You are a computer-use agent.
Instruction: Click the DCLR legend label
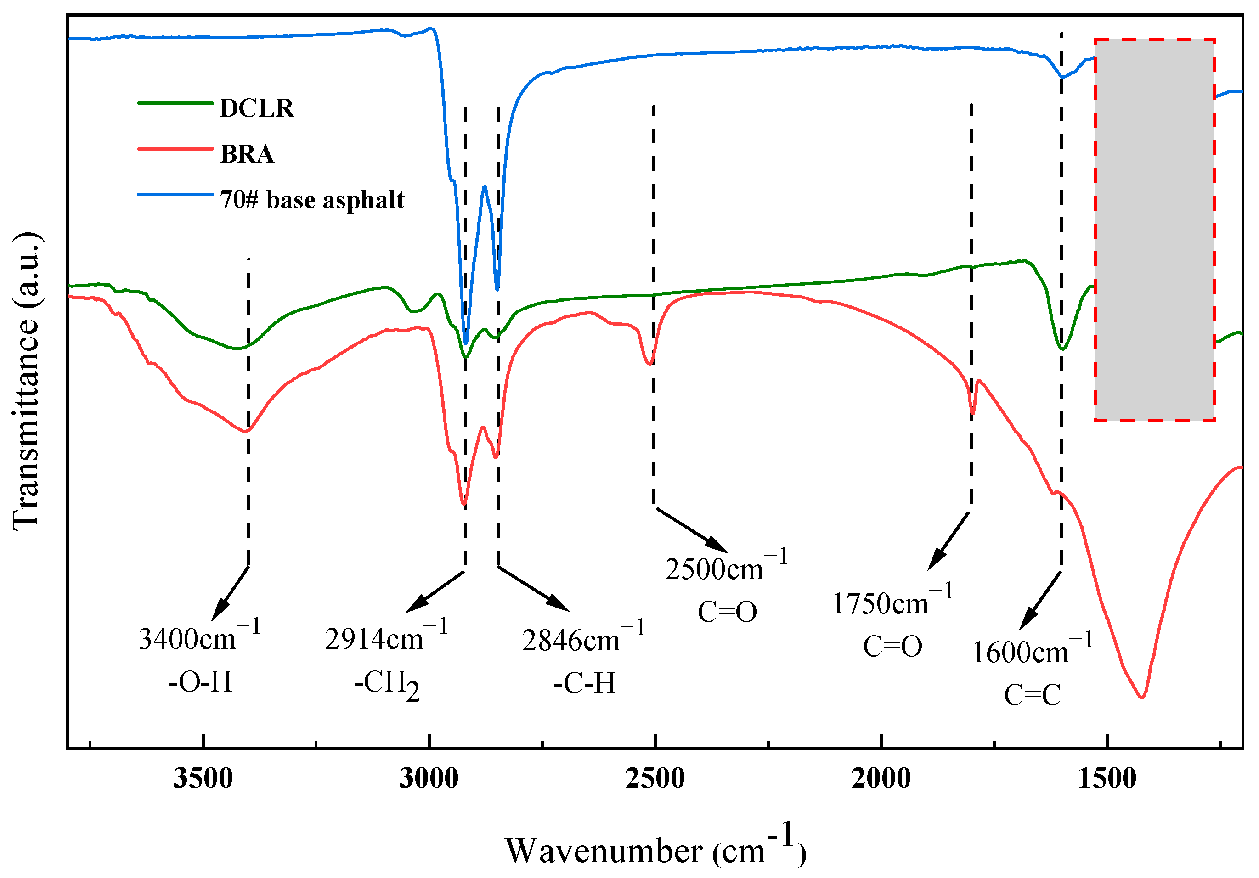tap(257, 108)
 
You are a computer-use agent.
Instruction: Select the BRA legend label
tap(247, 154)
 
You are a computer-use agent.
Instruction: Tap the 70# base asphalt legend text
tap(312, 200)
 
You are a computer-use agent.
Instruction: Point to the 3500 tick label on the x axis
tap(203, 778)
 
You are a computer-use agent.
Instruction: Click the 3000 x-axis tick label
tap(429, 778)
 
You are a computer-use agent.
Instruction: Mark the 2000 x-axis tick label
tap(881, 778)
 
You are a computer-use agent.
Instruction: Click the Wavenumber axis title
tap(655, 849)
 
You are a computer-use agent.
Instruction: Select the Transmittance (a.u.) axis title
tap(26, 381)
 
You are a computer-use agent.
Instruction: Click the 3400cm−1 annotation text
tap(199, 636)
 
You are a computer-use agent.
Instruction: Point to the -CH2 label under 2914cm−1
tap(387, 684)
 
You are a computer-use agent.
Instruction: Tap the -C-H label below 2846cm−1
tap(585, 683)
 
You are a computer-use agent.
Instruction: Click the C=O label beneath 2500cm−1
tap(727, 612)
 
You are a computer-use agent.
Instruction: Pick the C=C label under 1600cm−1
tap(1033, 695)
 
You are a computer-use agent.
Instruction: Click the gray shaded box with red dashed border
tap(1155, 230)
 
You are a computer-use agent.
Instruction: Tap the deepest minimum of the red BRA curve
tap(1142, 697)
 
